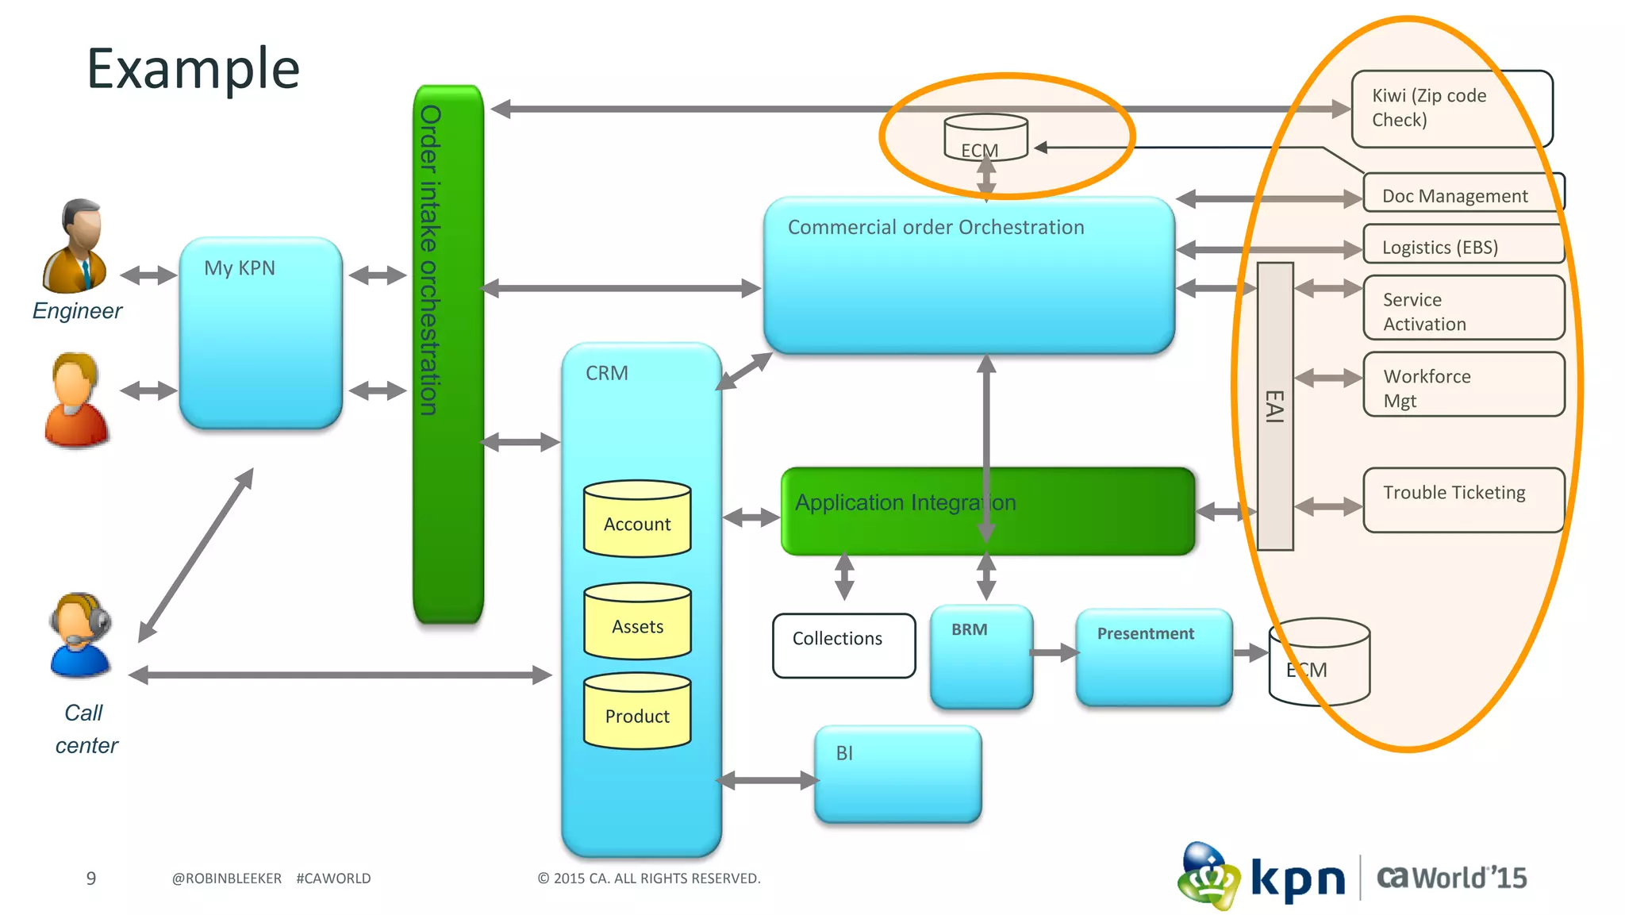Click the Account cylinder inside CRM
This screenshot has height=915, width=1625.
point(637,520)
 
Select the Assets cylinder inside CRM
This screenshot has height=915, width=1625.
point(637,622)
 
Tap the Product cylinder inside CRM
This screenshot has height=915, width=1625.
point(637,712)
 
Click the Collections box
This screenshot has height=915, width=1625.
point(843,645)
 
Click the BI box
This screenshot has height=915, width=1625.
point(897,774)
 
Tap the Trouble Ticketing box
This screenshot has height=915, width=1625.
point(1463,500)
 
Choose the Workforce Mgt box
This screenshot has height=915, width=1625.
point(1463,385)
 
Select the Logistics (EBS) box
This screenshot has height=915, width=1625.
point(1463,245)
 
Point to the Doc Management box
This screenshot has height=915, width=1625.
point(1463,194)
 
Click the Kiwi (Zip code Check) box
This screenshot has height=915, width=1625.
point(1451,109)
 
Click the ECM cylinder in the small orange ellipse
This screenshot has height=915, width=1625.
point(985,139)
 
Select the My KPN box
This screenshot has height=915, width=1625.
point(261,333)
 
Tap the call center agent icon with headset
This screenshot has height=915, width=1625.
point(79,635)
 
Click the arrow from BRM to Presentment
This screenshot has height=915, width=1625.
point(1055,652)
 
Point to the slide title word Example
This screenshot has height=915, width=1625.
point(193,69)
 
